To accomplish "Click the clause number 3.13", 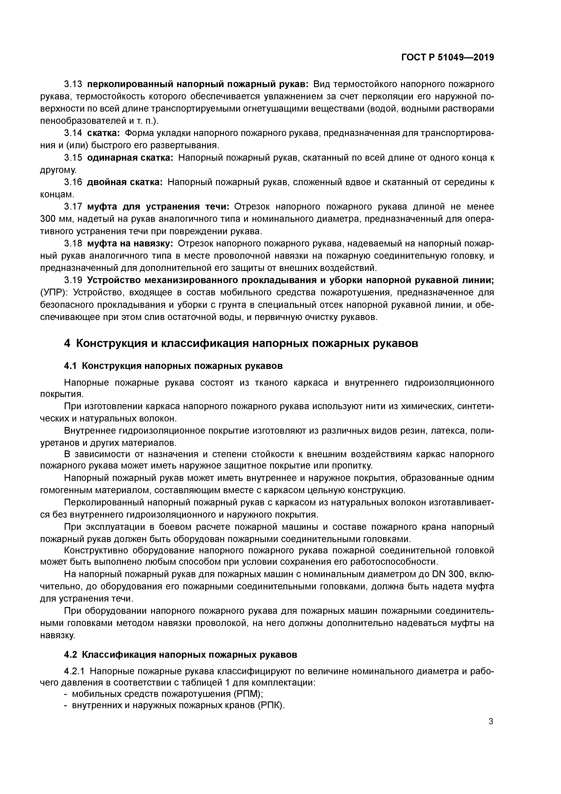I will click(73, 84).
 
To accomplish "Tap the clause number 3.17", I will click(73, 207).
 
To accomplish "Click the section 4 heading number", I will click(67, 344).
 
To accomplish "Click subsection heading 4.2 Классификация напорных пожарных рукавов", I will click(181, 655).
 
